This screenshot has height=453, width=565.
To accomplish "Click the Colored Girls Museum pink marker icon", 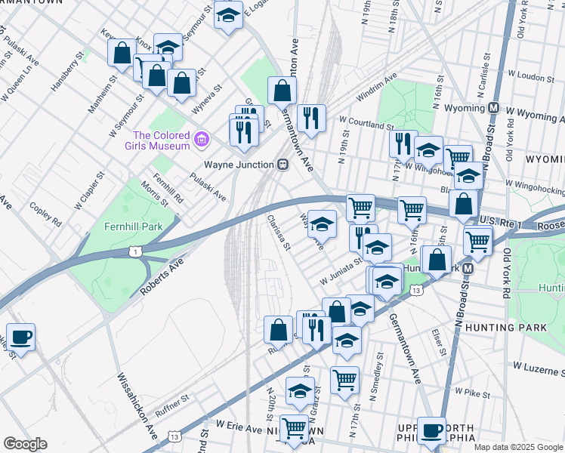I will coord(201,139).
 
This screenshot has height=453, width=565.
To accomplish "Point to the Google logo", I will coord(25,443).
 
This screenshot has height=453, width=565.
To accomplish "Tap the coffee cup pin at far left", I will coord(20,337).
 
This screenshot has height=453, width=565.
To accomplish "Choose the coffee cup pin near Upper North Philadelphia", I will coord(431,430).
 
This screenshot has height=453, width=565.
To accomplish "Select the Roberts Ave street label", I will coord(161,277).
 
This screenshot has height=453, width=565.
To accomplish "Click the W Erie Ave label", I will coord(239,429).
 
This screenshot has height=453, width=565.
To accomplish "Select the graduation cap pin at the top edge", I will coord(227,14).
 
